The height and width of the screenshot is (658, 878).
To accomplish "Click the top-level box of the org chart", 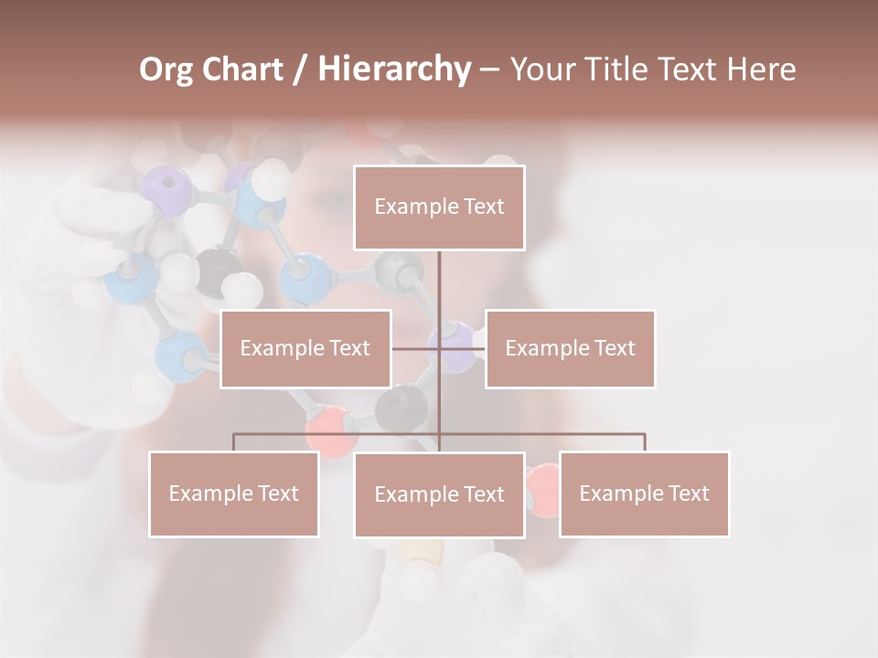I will (x=439, y=207).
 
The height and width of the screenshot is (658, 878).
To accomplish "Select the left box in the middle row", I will (x=305, y=348).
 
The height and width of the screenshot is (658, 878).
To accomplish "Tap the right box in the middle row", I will (x=570, y=348).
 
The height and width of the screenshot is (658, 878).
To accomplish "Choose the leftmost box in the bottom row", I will (x=233, y=493).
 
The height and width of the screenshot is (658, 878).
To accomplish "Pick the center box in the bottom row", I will (x=439, y=494).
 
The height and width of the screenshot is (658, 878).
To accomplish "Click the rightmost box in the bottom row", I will (x=644, y=493).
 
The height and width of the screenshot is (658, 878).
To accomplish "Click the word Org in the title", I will (x=166, y=69).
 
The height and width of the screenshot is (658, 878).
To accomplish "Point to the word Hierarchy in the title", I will (x=393, y=69).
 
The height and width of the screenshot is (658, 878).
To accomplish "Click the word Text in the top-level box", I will (x=482, y=207).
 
